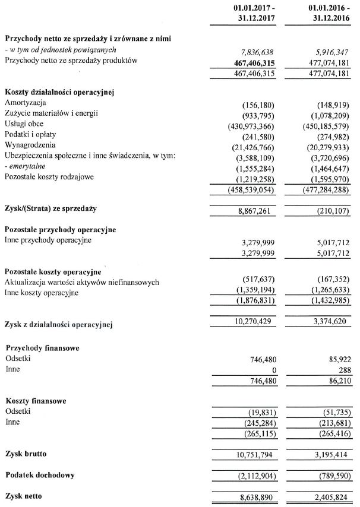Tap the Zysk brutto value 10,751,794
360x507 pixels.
pos(255,455)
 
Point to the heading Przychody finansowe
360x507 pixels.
pos(42,348)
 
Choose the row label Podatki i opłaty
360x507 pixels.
pos(32,134)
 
